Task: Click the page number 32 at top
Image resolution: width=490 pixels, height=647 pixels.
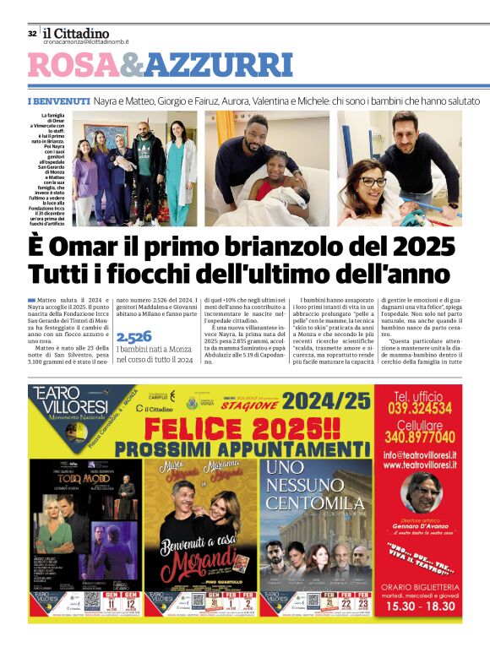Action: coord(32,34)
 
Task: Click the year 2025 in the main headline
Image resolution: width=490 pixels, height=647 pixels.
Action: coord(413,247)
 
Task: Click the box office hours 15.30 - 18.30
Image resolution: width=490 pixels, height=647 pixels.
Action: coord(419,606)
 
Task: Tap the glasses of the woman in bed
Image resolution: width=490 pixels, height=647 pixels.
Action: coord(373,182)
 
